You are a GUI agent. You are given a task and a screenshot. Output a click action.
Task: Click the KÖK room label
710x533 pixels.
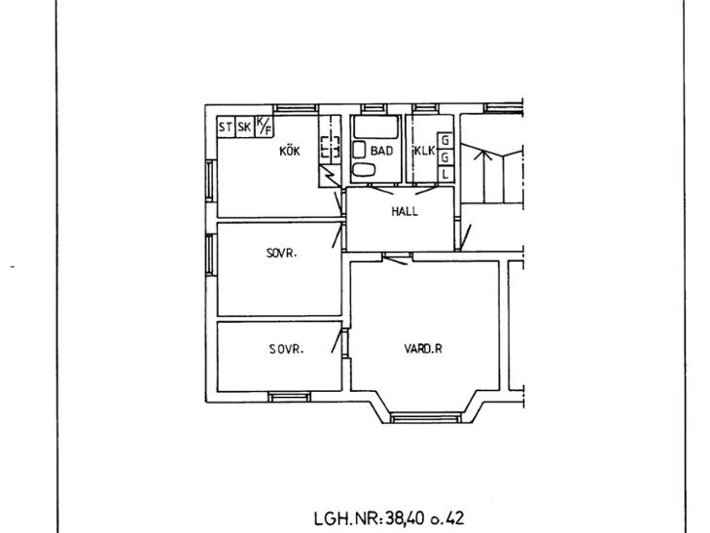click(x=289, y=151)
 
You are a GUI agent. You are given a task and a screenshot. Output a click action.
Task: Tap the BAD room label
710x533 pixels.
click(x=381, y=151)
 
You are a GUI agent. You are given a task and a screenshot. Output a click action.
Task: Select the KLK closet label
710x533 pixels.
click(x=425, y=151)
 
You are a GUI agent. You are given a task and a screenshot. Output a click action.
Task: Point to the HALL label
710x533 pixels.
click(x=405, y=211)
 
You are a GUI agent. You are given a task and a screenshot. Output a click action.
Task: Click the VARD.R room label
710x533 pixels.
click(x=423, y=348)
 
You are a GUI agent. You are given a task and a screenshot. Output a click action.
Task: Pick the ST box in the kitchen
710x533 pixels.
click(x=226, y=126)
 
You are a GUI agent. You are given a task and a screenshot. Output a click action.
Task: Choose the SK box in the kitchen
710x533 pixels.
click(x=244, y=126)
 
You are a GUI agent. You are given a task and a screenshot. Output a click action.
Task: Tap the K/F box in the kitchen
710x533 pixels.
click(x=265, y=126)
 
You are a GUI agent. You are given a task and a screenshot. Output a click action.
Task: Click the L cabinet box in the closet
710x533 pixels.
click(x=445, y=173)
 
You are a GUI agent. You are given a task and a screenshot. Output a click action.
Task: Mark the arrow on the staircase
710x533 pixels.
click(x=484, y=176)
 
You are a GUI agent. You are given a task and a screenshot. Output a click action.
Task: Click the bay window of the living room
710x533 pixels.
click(x=425, y=417)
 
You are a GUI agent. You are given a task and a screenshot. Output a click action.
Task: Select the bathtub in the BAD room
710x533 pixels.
click(x=375, y=127)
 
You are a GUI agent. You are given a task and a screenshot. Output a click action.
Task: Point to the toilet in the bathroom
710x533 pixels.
click(x=364, y=170)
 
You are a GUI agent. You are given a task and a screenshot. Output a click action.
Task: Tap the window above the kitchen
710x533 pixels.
click(x=296, y=109)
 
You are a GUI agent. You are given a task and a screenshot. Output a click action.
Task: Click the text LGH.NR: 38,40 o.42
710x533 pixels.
click(x=389, y=518)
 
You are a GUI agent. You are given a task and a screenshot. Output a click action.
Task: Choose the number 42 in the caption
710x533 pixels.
click(x=454, y=518)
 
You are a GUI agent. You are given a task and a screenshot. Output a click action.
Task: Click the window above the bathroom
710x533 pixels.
click(x=374, y=109)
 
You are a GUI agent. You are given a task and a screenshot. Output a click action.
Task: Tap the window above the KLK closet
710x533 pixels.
click(x=425, y=109)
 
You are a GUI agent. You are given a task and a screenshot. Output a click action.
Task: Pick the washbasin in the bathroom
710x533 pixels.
click(x=359, y=150)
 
